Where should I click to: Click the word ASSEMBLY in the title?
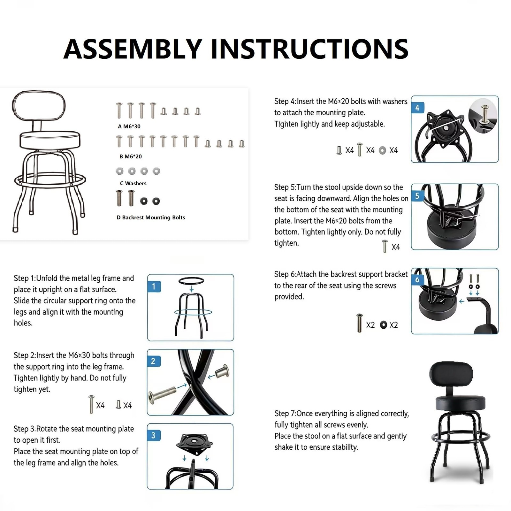[133, 49]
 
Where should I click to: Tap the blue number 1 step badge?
[154, 286]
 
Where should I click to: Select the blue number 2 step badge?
[153, 361]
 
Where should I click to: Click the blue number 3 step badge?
[153, 435]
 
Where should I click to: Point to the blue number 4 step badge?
[417, 108]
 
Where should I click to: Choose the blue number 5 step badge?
[417, 196]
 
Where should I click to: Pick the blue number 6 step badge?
[417, 280]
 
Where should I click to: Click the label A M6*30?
[129, 126]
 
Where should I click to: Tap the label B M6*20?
[130, 156]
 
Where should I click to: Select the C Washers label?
[133, 183]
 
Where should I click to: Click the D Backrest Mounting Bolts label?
[151, 217]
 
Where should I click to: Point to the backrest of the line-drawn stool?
[39, 105]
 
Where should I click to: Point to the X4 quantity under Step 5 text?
[395, 247]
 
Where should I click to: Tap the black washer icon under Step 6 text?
[384, 325]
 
